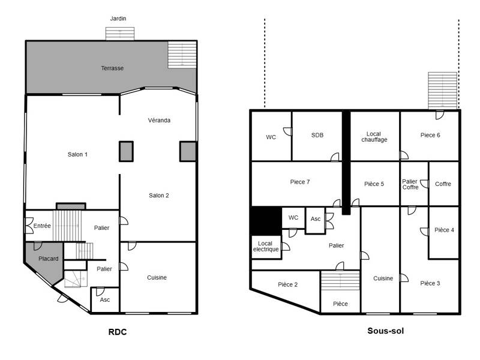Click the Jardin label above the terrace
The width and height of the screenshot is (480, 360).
[118, 19]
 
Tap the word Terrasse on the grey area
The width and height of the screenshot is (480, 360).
[112, 68]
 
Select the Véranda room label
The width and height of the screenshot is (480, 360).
[159, 120]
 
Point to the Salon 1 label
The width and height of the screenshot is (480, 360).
[78, 154]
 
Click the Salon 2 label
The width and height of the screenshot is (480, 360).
[159, 195]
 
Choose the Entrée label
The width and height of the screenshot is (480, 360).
[41, 226]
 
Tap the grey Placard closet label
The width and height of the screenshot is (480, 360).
[49, 259]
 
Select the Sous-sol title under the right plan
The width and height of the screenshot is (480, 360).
[385, 331]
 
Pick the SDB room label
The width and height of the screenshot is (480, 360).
[317, 136]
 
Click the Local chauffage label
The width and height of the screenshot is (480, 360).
[374, 136]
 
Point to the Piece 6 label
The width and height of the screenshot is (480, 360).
[430, 135]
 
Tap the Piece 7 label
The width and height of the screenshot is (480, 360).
[299, 182]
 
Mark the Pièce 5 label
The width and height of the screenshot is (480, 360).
[374, 184]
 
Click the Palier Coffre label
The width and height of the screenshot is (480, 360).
[410, 184]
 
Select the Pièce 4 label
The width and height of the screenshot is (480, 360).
[444, 230]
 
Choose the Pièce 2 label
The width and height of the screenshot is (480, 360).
[288, 284]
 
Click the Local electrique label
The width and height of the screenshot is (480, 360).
[266, 246]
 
